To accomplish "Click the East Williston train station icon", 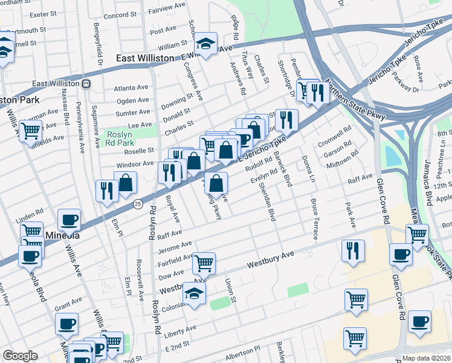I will click(x=87, y=83).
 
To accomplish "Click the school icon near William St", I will click(x=205, y=44).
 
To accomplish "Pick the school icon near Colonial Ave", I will click(x=195, y=293).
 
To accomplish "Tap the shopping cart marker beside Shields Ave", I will click(x=30, y=129).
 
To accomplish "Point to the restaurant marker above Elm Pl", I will click(x=107, y=191).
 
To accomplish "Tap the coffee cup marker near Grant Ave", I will click(x=66, y=323).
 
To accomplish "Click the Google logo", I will click(x=20, y=356).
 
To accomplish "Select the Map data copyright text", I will click(x=426, y=358).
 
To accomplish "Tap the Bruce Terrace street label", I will click(x=314, y=219).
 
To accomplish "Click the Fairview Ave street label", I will click(x=170, y=10).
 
